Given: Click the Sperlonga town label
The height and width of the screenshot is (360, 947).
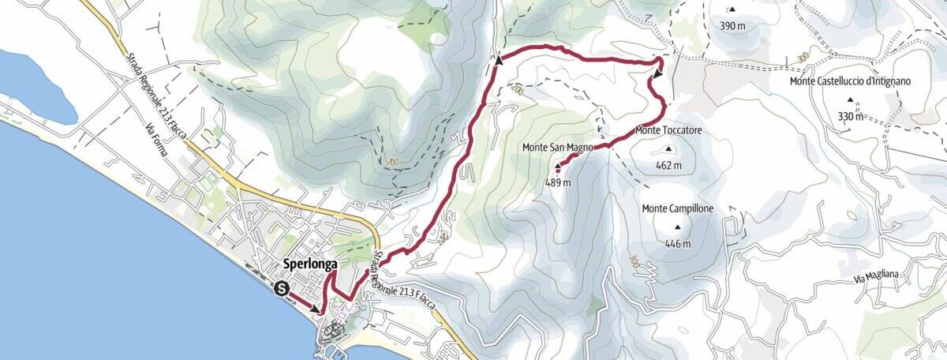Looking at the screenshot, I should coord(309,264).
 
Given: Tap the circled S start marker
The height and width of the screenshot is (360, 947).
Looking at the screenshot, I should coord(281,289).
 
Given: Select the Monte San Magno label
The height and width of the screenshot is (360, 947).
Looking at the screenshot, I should coord(557,148).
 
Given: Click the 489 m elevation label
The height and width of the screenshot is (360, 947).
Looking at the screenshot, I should coord(557,182).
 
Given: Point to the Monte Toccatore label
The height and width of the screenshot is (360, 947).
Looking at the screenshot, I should coord(668,130).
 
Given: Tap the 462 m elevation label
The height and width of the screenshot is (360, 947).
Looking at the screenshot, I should coord(668,166).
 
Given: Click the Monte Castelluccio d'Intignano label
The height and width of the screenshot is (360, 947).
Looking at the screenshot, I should coord(851,81).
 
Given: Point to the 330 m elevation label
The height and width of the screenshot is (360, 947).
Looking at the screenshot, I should coord(851,117).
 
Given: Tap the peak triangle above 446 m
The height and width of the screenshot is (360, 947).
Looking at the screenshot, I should coord(678,227).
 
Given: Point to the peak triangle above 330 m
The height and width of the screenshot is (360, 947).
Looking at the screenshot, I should coord(851,100).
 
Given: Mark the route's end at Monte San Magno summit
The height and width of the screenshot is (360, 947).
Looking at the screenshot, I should coord(558,167).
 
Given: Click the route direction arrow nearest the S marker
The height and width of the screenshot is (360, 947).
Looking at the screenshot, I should coord(317,309).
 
